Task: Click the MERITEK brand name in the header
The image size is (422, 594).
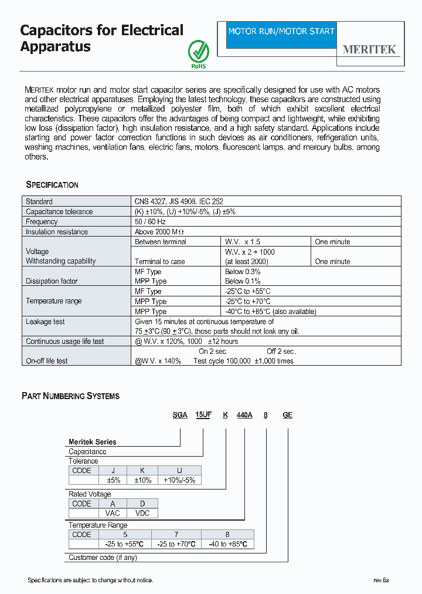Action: click(x=369, y=50)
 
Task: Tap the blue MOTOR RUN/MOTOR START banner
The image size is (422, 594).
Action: click(x=281, y=31)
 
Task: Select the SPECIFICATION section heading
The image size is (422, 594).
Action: click(x=52, y=185)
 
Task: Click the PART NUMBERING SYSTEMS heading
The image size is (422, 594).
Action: click(x=70, y=396)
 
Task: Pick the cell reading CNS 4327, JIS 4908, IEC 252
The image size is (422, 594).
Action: click(x=179, y=201)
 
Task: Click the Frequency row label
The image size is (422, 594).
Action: click(x=42, y=222)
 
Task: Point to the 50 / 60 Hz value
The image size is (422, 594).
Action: click(x=150, y=222)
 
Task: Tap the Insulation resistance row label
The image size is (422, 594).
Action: click(x=57, y=232)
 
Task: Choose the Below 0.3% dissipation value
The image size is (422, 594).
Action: click(x=243, y=272)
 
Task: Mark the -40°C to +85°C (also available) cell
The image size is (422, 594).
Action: click(x=271, y=312)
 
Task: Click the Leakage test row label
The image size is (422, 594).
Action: click(x=45, y=322)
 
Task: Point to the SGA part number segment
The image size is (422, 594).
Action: click(x=179, y=415)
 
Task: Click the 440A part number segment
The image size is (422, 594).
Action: click(x=244, y=415)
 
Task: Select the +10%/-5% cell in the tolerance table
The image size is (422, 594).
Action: click(x=179, y=480)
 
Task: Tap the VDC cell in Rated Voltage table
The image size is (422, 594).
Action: click(x=142, y=513)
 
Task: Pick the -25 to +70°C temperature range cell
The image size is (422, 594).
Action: click(x=176, y=544)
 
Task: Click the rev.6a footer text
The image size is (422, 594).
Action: click(x=381, y=580)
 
